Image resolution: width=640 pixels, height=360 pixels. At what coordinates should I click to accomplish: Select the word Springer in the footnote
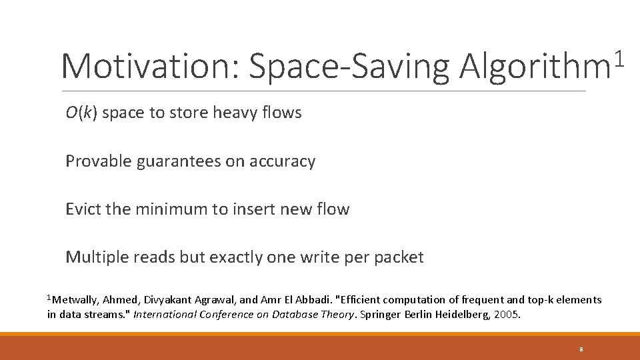[381, 314]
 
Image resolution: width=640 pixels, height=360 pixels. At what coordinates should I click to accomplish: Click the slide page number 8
[581, 349]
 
